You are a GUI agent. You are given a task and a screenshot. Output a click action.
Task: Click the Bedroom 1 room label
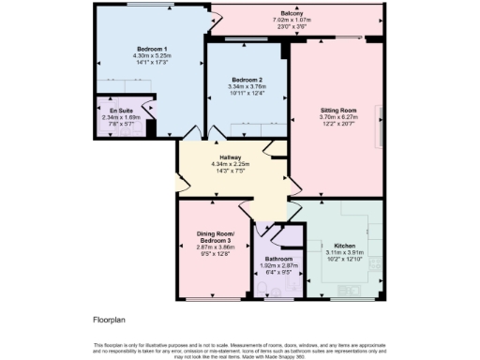click(151, 48)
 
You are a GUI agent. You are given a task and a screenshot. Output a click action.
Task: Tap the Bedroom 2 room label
click(247, 80)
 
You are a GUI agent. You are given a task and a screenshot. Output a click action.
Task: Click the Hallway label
click(231, 157)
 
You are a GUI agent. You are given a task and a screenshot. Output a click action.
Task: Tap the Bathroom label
click(278, 259)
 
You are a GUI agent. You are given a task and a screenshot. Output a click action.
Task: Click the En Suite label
click(122, 111)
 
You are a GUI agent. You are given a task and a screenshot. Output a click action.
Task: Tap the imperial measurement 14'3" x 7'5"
click(231, 170)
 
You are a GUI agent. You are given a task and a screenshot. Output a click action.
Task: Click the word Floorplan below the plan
click(110, 319)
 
